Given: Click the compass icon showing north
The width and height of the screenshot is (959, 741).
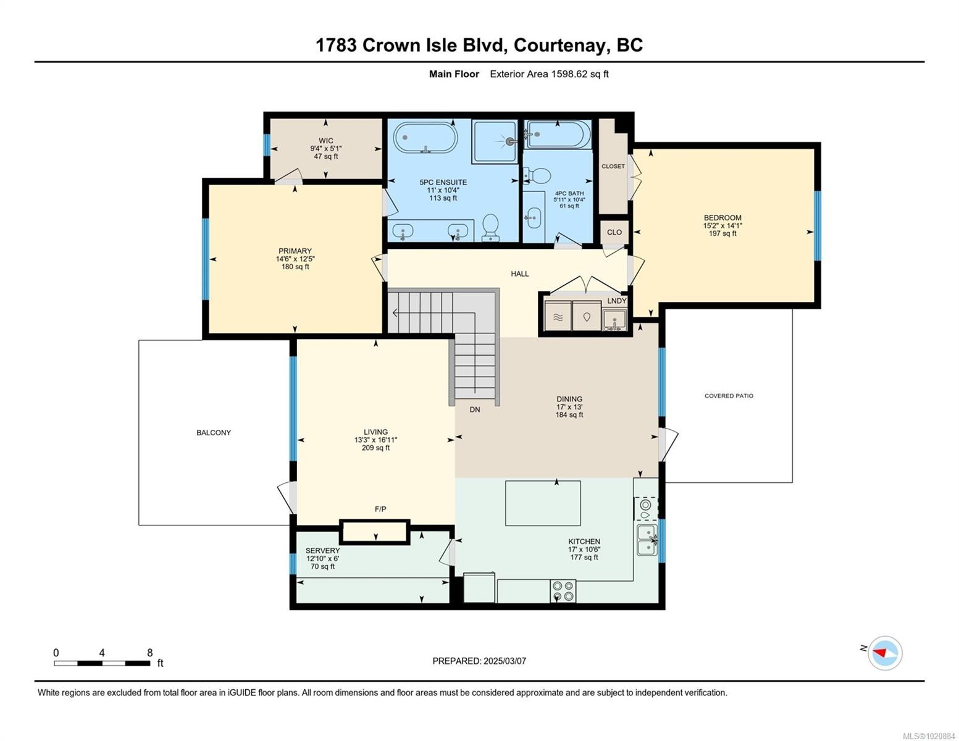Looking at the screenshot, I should pos(884,653).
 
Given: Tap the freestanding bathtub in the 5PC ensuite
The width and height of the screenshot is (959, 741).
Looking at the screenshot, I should pos(425,137).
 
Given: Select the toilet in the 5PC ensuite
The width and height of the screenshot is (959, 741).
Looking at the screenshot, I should pos(492,227).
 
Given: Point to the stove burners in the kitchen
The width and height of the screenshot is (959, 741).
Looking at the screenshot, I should pos(563,591).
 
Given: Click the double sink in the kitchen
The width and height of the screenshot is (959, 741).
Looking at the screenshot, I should pos(647,540).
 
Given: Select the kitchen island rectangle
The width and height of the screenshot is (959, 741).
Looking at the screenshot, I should pos(543,503).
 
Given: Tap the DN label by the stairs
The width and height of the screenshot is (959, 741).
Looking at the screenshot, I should pos(474,409).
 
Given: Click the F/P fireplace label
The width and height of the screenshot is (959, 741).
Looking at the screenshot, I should pos(380,509).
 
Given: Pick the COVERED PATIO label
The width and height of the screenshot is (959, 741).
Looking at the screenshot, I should pos(729,396).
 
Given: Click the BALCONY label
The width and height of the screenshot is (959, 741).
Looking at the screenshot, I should pos(214,432).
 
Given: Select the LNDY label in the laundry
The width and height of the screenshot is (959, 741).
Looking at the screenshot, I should pos(616,301).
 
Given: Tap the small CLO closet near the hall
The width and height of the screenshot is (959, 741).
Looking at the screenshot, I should pos(614,232).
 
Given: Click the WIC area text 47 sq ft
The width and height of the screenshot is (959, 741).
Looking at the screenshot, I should pos(325,157).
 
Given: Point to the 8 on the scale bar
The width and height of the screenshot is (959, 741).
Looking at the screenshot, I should pos(149,653).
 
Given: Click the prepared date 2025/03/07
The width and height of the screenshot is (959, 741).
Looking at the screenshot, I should pos(505,661).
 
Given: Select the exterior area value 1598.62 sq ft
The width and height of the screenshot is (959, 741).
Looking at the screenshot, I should pos(580,74).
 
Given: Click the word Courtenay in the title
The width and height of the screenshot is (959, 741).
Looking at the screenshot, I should pos(558,45).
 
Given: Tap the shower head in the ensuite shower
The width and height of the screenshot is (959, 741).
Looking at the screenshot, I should pos(509,141).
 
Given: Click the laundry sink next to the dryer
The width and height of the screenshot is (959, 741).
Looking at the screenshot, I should pos(614,320).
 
